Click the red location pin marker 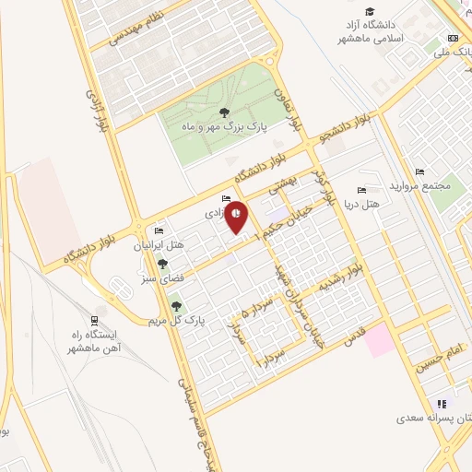point(238,216)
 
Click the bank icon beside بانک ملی point(452,38)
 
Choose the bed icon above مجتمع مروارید point(419,171)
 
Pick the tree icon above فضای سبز point(162,265)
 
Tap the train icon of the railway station point(96,313)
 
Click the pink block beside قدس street point(378,341)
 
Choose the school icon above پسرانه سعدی point(441,402)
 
